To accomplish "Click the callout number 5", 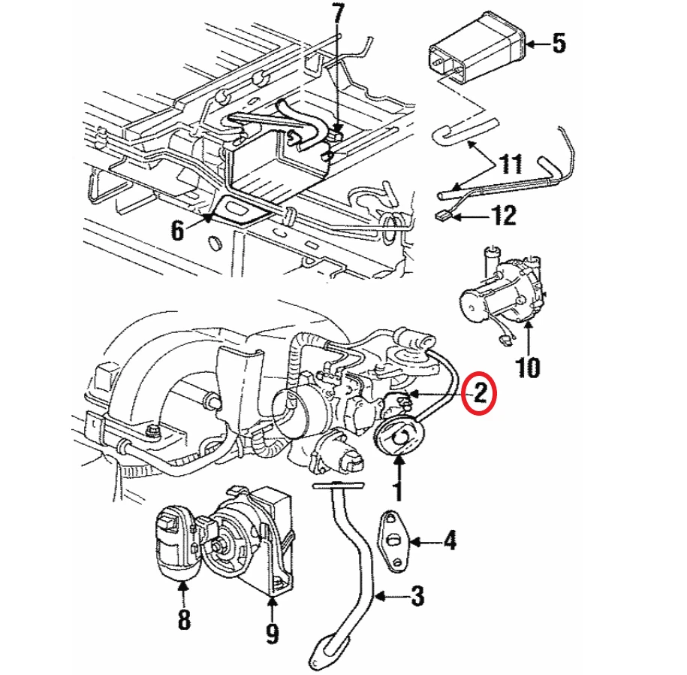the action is coord(559,44).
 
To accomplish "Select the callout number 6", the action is coord(177,230).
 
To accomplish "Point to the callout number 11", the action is coord(511,163).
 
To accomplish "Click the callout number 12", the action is coord(504,216).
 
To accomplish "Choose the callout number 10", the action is coord(528,368).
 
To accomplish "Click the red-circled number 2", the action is coord(481,393).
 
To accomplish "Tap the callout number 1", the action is coord(398,492).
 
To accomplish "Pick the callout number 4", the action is coord(450,540).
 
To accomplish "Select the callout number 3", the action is coord(417,596).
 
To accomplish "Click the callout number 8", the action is coord(184,619).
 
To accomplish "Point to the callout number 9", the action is coord(272,633).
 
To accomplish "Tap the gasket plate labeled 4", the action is coord(394,541).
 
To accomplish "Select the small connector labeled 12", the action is coord(441,215).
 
